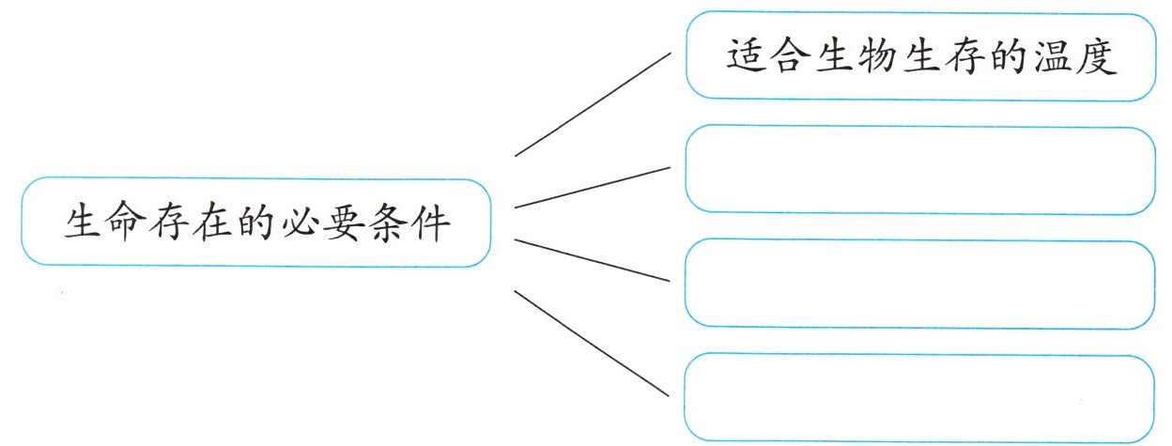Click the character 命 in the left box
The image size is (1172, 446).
pos(126,223)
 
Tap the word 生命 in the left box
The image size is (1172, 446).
pos(105,223)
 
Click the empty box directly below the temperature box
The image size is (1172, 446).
pos(919,170)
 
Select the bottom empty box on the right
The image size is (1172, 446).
pos(919,395)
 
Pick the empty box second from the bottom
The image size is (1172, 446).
pos(919,285)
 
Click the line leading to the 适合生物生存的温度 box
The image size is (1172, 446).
pos(594,103)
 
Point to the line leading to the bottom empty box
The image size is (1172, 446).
pos(594,343)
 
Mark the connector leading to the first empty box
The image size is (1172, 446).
pos(594,187)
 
